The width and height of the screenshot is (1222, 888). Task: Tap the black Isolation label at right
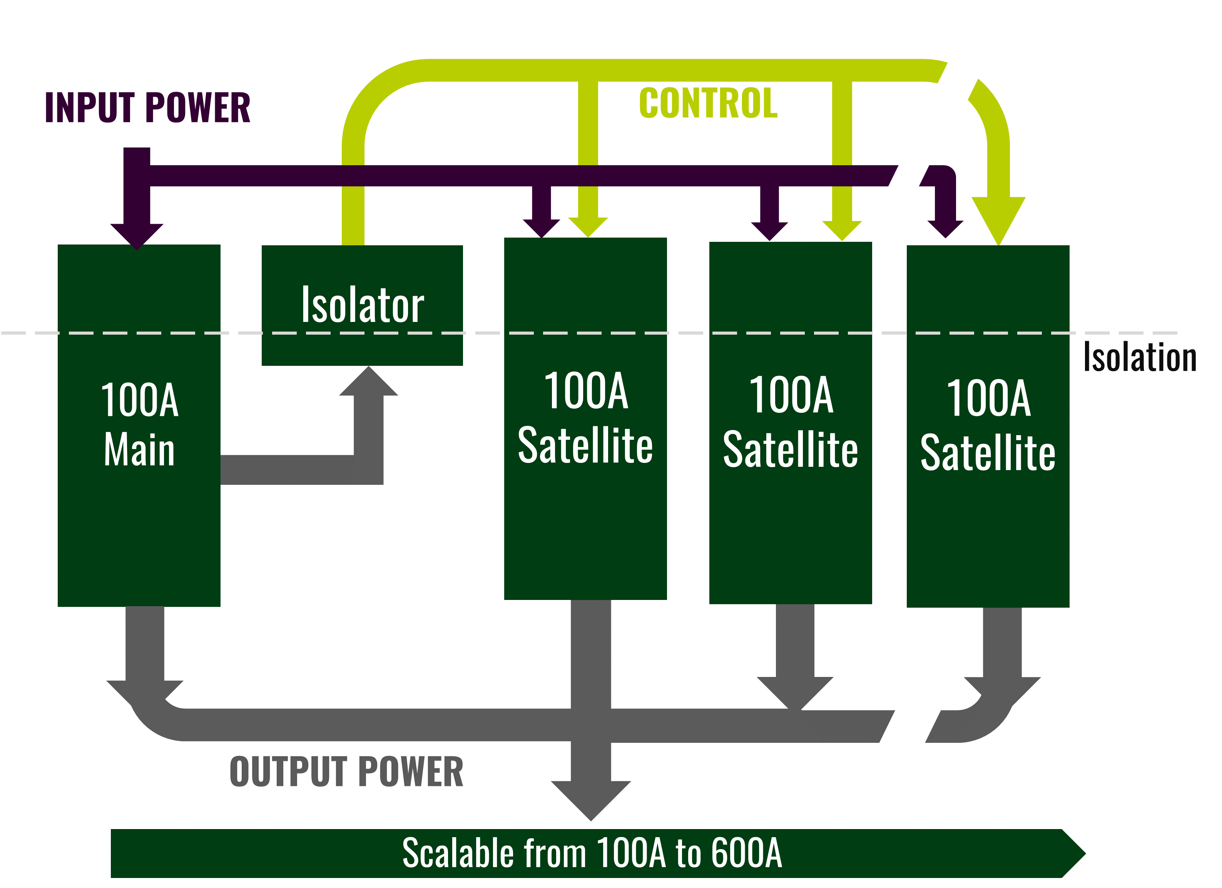click(1140, 357)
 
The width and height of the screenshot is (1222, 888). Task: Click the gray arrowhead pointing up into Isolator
click(369, 383)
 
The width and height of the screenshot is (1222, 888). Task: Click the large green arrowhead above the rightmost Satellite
click(998, 218)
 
